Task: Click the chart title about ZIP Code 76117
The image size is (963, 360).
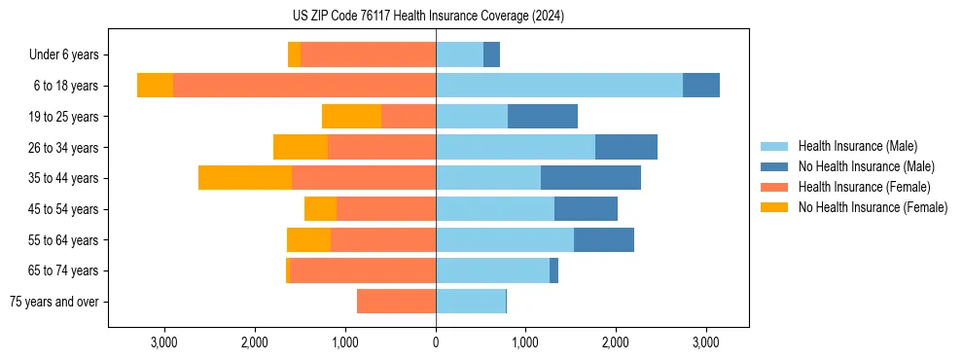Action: click(x=428, y=17)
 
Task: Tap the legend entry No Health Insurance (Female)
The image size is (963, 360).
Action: click(x=872, y=207)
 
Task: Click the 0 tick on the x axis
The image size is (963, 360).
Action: click(x=436, y=342)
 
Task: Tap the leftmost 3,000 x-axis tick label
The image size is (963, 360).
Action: click(x=164, y=342)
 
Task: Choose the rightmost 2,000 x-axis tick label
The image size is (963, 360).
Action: click(x=616, y=342)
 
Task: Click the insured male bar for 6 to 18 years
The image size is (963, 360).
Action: click(x=559, y=86)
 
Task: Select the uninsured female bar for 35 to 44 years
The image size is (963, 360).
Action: click(x=245, y=178)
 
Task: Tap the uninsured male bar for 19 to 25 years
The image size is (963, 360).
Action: click(x=543, y=117)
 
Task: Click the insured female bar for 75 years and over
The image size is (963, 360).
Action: click(x=396, y=302)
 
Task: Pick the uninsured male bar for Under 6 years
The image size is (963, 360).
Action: click(x=491, y=54)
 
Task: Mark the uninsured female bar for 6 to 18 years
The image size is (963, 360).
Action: click(x=155, y=86)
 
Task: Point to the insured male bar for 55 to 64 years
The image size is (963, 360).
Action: click(x=505, y=239)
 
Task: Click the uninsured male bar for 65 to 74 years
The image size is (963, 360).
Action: click(x=553, y=270)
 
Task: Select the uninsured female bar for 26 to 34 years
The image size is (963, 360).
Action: click(x=301, y=147)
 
